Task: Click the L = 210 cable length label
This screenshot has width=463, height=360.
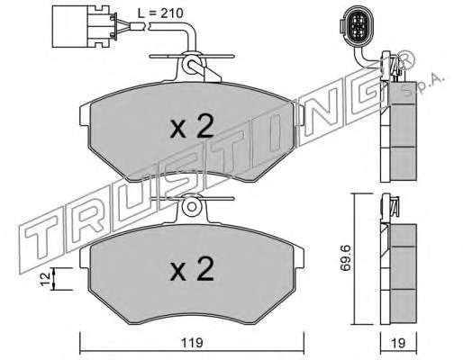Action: pyautogui.click(x=160, y=13)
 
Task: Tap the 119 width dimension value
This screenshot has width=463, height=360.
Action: pyautogui.click(x=192, y=343)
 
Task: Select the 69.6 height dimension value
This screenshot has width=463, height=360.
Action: pyautogui.click(x=345, y=258)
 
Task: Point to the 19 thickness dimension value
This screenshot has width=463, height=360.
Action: pyautogui.click(x=398, y=343)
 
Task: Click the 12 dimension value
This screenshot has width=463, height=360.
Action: pyautogui.click(x=46, y=279)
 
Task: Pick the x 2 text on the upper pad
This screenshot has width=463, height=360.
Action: pyautogui.click(x=192, y=127)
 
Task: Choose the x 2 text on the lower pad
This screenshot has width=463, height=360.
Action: pyautogui.click(x=192, y=269)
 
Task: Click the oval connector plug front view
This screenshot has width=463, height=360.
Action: pyautogui.click(x=357, y=25)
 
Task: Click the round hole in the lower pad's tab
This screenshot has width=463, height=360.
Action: pyautogui.click(x=191, y=206)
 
